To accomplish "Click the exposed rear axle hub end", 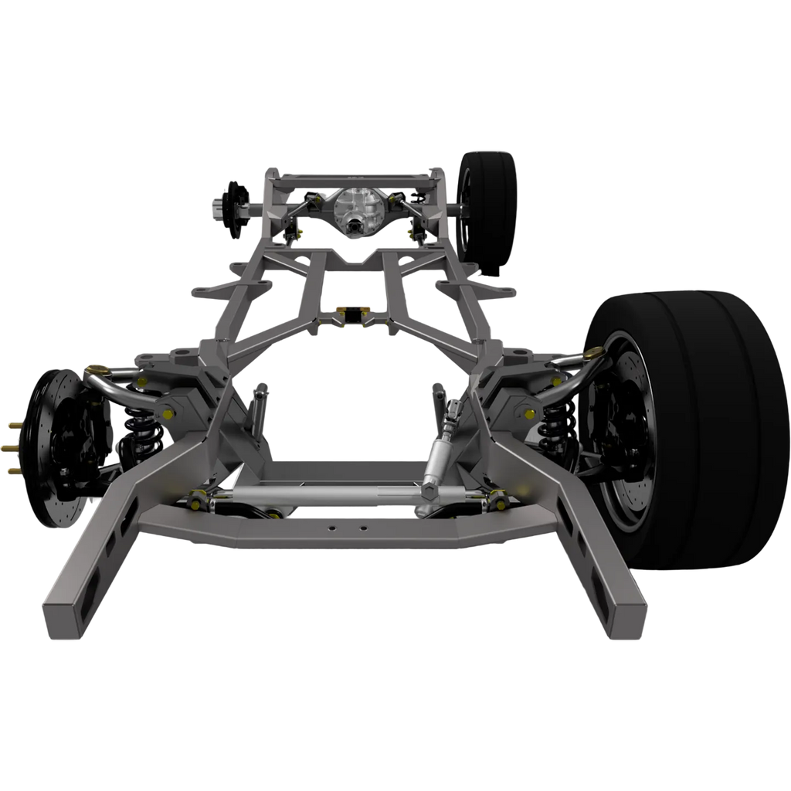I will click(216, 206).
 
